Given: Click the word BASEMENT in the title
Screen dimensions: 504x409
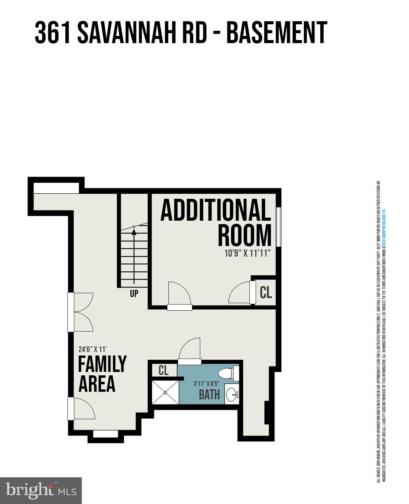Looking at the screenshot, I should (x=277, y=33).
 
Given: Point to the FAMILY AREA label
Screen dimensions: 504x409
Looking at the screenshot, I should (x=102, y=374).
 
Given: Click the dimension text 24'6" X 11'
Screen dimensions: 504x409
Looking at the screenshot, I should (x=93, y=349).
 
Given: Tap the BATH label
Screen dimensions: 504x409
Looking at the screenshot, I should (x=209, y=395).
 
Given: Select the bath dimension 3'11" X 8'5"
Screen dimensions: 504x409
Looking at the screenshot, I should (x=207, y=384).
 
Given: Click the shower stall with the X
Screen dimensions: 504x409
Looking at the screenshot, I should (x=165, y=391).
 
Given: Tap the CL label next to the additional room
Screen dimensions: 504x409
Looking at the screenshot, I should (x=266, y=293).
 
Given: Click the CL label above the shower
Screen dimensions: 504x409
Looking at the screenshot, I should (x=164, y=370).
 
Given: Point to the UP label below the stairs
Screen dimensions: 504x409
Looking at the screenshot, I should (x=134, y=294).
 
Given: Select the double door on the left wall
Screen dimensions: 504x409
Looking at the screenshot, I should (x=81, y=312).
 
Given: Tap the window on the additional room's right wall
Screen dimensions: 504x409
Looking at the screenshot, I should (x=279, y=227).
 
